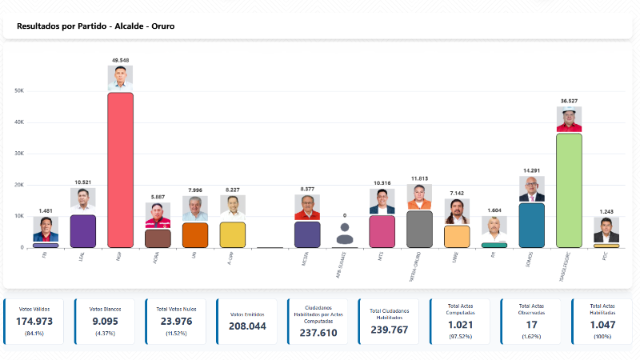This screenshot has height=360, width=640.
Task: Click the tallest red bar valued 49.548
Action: (x=120, y=170)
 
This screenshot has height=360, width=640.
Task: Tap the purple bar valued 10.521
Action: (x=83, y=231)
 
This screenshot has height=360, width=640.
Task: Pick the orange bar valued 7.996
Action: (x=195, y=235)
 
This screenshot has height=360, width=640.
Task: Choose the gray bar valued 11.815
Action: (x=419, y=229)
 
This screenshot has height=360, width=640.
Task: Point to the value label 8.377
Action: (x=307, y=189)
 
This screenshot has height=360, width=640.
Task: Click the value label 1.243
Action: (x=606, y=211)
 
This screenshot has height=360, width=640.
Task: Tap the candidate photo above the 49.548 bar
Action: (x=120, y=78)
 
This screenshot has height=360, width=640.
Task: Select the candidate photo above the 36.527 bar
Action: (x=569, y=119)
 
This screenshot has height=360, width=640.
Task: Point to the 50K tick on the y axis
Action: (x=19, y=91)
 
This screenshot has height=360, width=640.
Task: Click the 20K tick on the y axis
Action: (x=19, y=185)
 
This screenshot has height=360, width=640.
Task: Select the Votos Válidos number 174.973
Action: (x=34, y=321)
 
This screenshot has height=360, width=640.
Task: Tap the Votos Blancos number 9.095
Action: (x=105, y=321)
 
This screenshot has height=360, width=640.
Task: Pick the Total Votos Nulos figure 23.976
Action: (x=175, y=321)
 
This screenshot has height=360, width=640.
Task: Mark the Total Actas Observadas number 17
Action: (x=530, y=325)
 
